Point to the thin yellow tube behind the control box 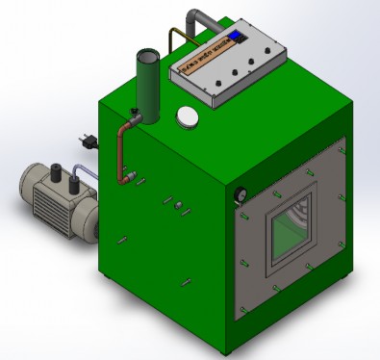172,40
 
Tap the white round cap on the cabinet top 187,116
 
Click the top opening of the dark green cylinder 146,55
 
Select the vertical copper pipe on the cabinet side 121,154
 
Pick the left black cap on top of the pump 55,172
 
